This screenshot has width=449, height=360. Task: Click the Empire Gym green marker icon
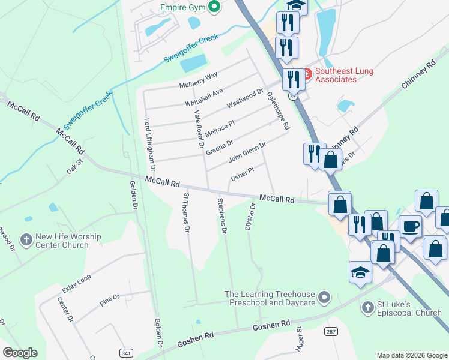point(212,8)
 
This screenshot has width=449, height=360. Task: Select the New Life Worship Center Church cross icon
point(26,241)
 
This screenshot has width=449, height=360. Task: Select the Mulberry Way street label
point(199,80)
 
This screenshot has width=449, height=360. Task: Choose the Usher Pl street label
point(242,175)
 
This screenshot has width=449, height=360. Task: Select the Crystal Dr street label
point(250,217)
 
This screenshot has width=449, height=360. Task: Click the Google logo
point(20,352)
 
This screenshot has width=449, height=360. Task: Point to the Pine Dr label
point(110,300)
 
